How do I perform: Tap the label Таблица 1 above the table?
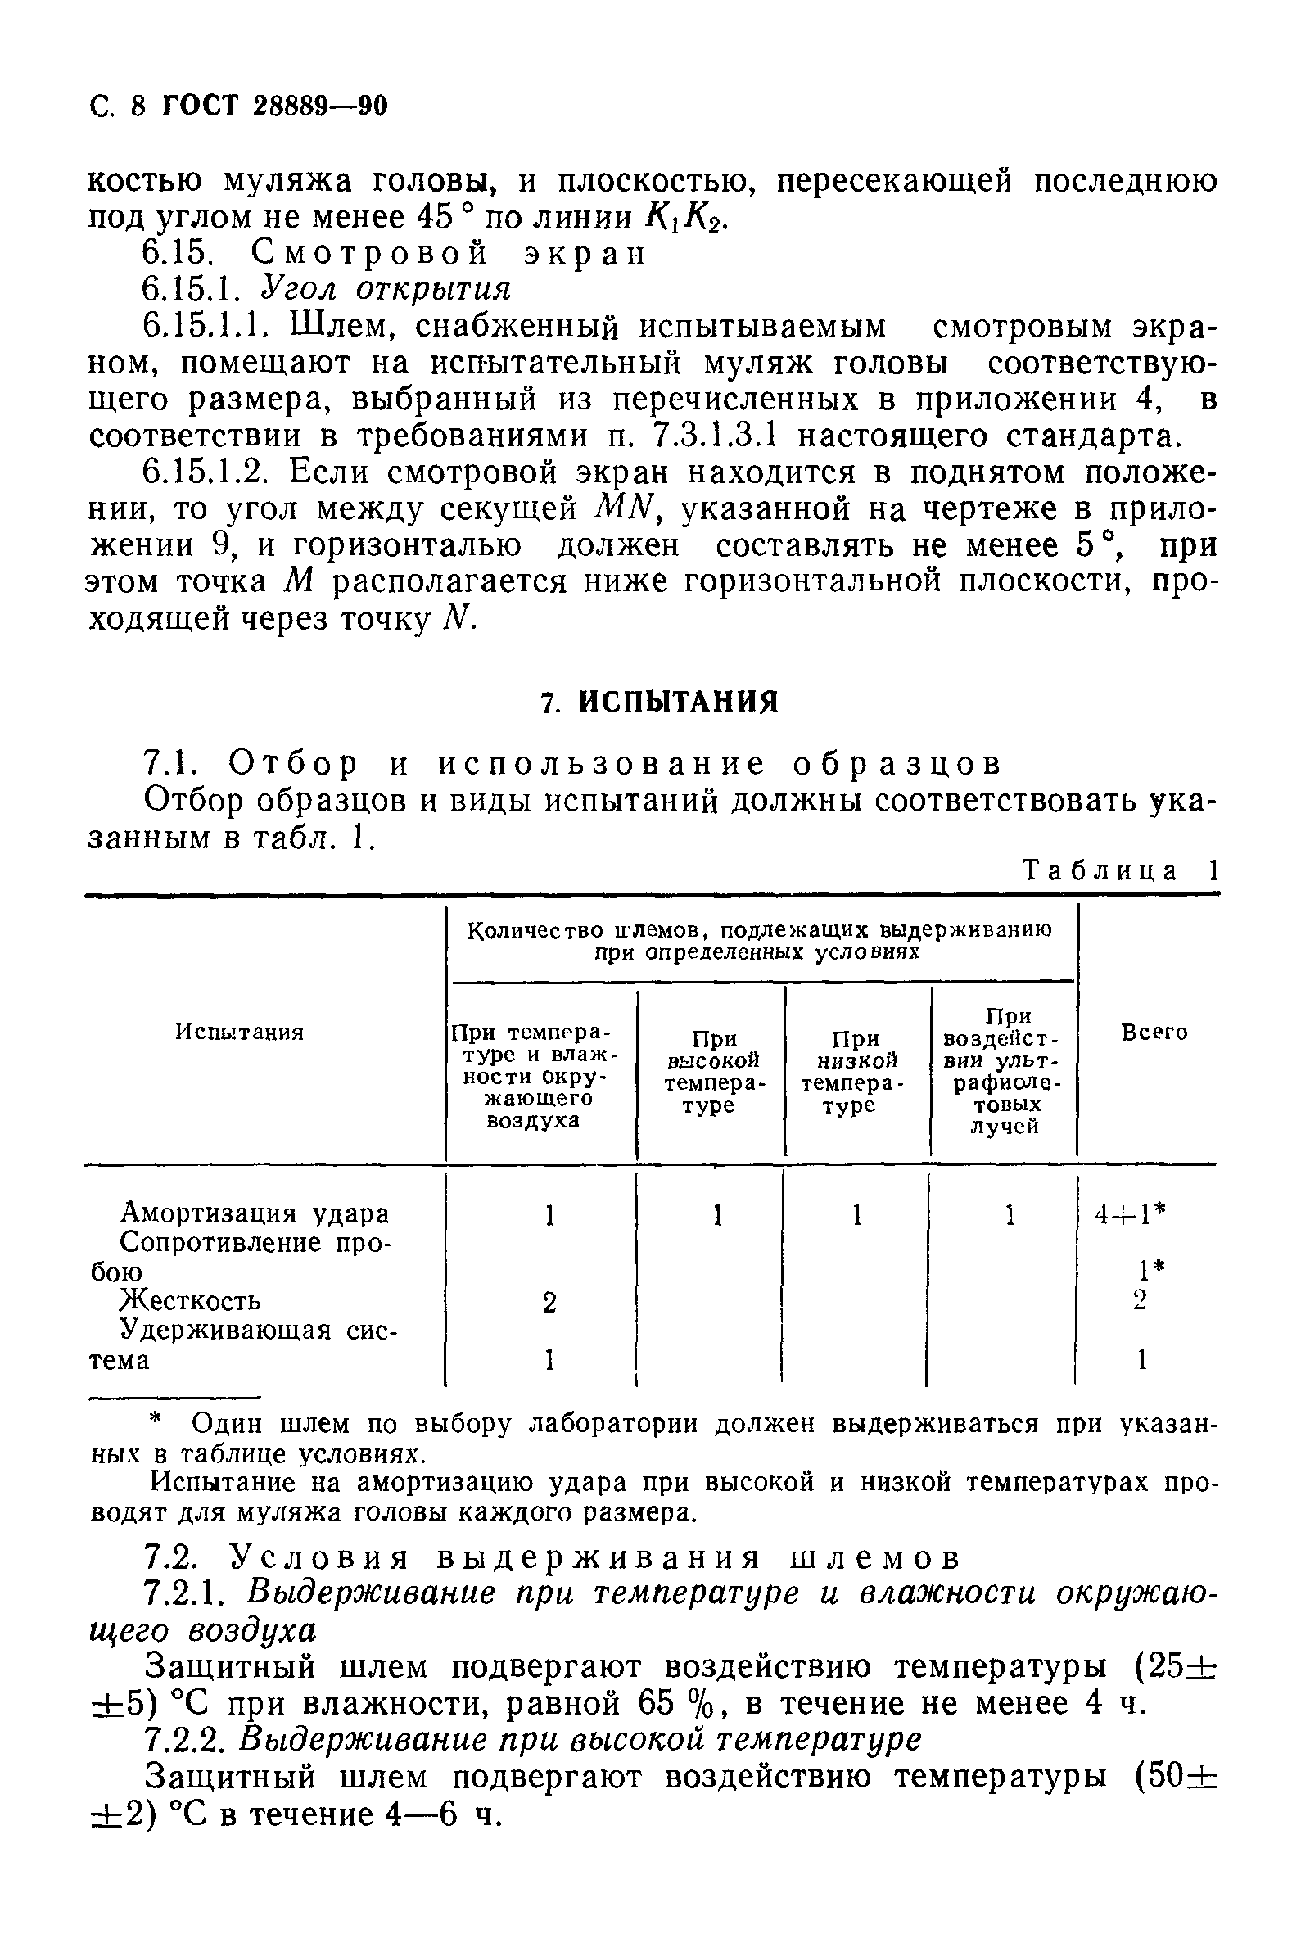tap(1120, 871)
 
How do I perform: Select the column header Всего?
tap(1153, 1033)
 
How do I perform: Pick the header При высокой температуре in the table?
tap(714, 1073)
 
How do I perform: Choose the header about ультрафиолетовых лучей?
tap(1002, 1073)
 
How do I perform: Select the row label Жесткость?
tap(191, 1300)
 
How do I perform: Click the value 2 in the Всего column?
tap(1141, 1300)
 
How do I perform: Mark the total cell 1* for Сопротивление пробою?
tap(1151, 1271)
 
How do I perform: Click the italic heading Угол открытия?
tap(385, 289)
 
